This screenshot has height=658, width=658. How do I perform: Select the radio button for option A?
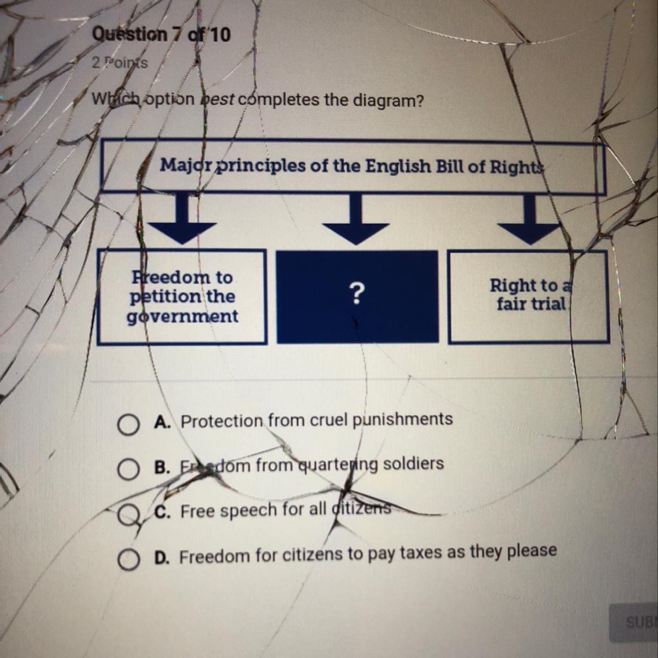point(127,424)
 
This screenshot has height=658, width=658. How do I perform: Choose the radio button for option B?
point(127,469)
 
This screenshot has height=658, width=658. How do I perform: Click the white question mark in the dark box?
point(357,295)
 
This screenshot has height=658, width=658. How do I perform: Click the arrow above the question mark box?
point(356,222)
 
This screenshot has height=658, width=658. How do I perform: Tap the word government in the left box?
point(183,316)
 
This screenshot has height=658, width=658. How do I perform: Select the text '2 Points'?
point(120,63)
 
